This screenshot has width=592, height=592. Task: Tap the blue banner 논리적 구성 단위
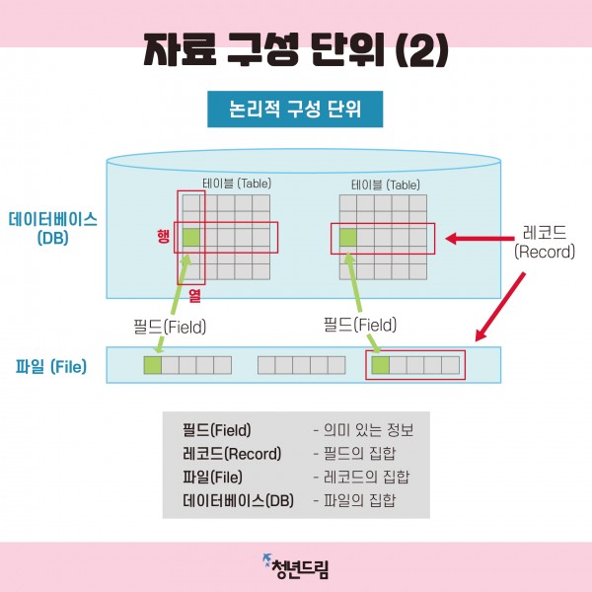(x=294, y=109)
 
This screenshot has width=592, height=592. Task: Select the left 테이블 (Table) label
(x=237, y=184)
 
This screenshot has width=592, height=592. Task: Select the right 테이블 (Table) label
(x=385, y=185)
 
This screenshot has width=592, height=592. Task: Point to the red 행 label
(x=163, y=236)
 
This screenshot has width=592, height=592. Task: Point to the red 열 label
(x=194, y=294)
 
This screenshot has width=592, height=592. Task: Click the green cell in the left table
(x=191, y=237)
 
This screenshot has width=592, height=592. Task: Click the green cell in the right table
(x=347, y=237)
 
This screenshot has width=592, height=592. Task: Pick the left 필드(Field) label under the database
(x=170, y=325)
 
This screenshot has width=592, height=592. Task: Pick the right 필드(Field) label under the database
(x=359, y=324)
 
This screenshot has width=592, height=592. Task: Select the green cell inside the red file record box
(x=380, y=366)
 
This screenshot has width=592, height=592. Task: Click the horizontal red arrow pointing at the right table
(x=478, y=238)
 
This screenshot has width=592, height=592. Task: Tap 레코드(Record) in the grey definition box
(x=232, y=454)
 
